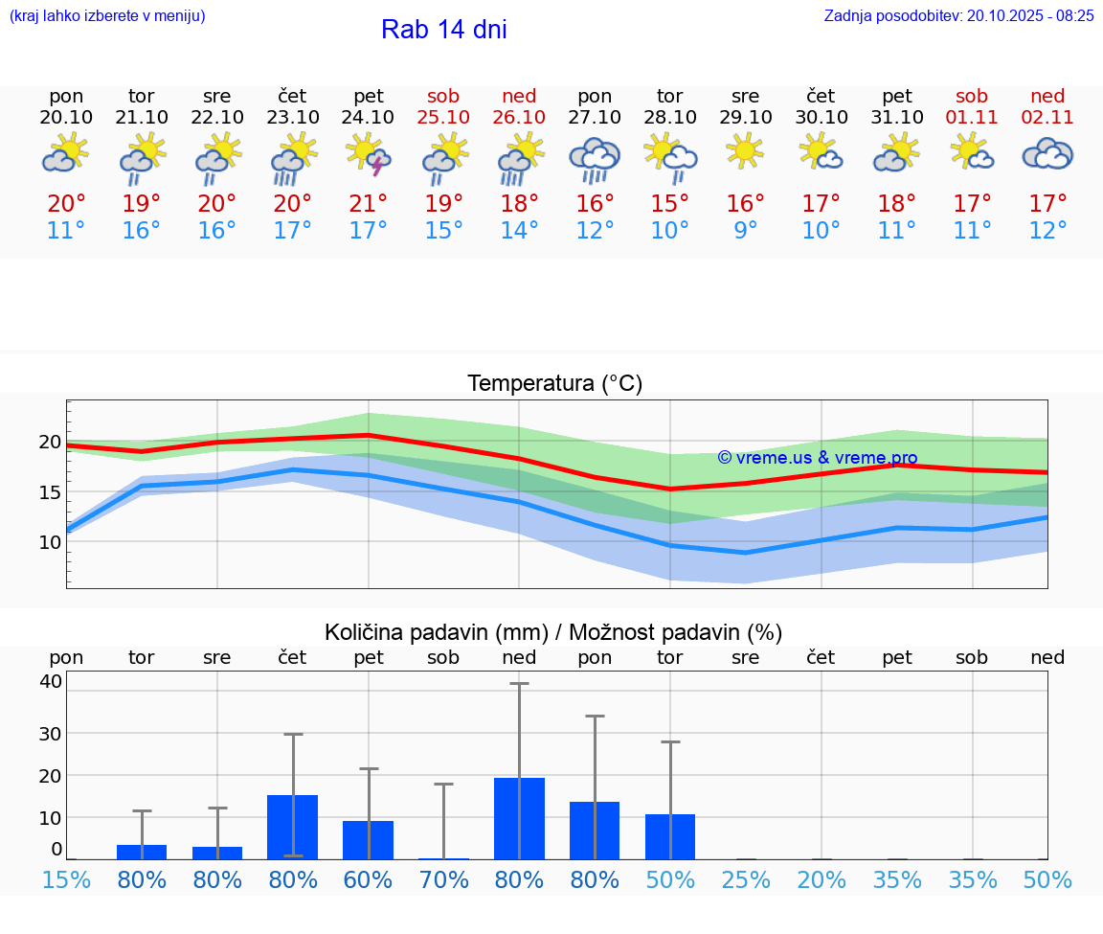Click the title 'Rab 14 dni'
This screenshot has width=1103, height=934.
(443, 30)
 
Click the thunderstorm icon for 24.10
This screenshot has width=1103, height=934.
(369, 156)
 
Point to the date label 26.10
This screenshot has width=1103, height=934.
(519, 117)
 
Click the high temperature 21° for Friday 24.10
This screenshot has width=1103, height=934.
(369, 203)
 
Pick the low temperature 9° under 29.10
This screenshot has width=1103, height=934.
(745, 230)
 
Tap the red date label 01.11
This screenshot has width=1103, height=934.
(972, 117)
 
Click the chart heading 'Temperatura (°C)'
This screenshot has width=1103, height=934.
(554, 383)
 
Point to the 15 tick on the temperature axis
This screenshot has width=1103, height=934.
(50, 491)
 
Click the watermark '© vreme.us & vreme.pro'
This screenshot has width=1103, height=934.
(817, 458)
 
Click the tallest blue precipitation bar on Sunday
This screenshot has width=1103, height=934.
(519, 818)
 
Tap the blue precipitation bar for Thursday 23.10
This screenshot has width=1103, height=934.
(293, 827)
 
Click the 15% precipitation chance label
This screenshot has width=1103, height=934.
(66, 879)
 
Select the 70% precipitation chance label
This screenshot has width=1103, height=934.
(444, 879)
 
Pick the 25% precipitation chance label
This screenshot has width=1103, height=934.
(746, 879)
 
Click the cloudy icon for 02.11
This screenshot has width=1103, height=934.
(1047, 154)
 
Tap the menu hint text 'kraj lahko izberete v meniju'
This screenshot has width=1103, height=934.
(106, 15)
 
